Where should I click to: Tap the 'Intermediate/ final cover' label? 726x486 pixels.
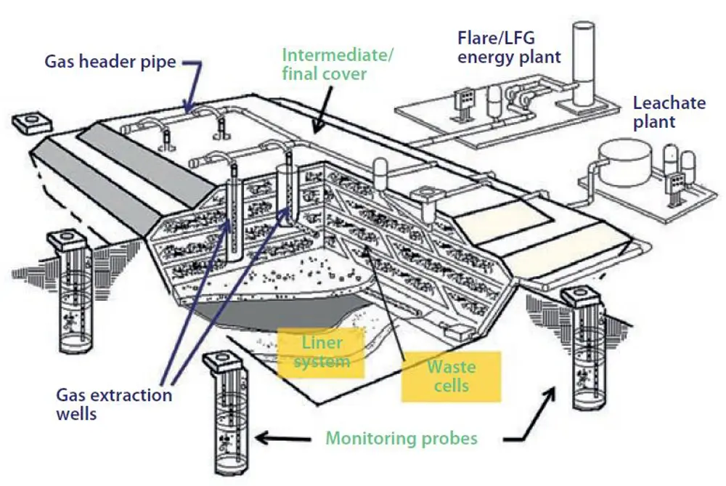click(338, 64)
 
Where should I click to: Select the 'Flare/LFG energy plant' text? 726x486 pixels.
click(509, 46)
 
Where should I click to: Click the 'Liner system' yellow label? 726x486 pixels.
click(321, 350)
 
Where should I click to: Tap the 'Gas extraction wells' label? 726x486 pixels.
click(114, 404)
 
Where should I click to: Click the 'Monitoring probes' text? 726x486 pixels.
click(401, 438)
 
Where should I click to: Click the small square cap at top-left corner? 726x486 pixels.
click(30, 122)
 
